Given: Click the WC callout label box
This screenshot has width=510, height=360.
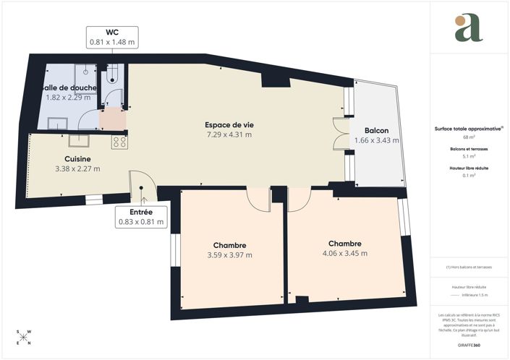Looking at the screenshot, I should (x=112, y=37).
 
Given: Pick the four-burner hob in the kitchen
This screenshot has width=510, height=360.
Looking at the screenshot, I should (x=119, y=142).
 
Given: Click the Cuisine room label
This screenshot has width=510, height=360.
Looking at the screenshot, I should (x=77, y=158).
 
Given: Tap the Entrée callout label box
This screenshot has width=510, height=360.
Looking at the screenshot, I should (x=141, y=217).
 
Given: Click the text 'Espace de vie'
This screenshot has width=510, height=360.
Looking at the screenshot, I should (x=229, y=124).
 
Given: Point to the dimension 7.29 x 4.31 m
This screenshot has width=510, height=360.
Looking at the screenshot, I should (x=229, y=134).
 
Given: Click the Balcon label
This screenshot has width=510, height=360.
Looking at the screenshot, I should (x=377, y=131).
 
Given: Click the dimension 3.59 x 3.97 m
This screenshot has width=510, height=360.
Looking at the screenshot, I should (x=230, y=254).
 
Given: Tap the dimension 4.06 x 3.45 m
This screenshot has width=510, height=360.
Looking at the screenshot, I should (x=344, y=254).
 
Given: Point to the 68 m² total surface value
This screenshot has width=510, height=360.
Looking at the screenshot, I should (x=469, y=137).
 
